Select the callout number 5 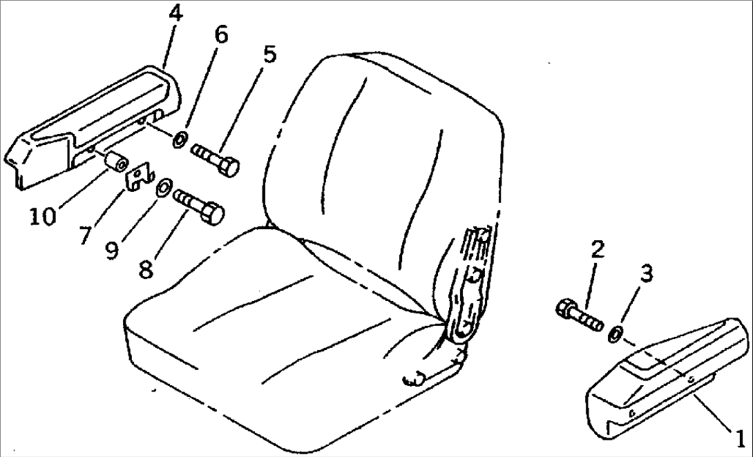pyautogui.click(x=270, y=55)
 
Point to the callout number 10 pyautogui.click(x=43, y=217)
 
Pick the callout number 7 pyautogui.click(x=84, y=235)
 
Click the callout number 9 pyautogui.click(x=112, y=250)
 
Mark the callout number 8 pyautogui.click(x=146, y=269)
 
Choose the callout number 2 pyautogui.click(x=598, y=250)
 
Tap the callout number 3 pyautogui.click(x=647, y=273)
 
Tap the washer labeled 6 pyautogui.click(x=180, y=140)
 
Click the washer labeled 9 pyautogui.click(x=162, y=187)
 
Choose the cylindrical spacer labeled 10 pyautogui.click(x=116, y=162)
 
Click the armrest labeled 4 pyautogui.click(x=94, y=125)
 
